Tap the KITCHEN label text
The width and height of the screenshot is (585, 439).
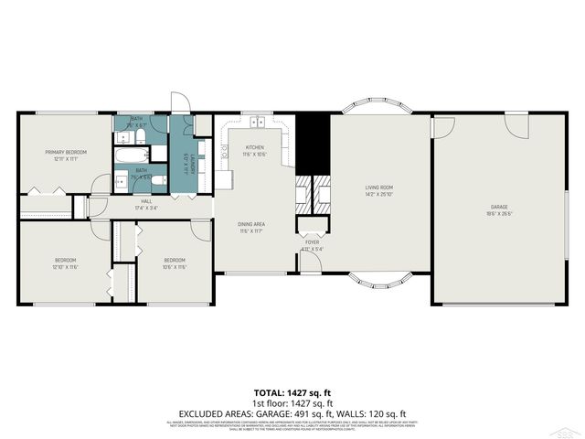click(x=254, y=147)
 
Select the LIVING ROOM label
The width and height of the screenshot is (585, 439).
click(x=378, y=187)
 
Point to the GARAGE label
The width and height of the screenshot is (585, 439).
click(x=498, y=207)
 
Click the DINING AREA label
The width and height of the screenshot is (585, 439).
click(x=252, y=225)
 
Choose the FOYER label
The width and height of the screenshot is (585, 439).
click(x=312, y=242)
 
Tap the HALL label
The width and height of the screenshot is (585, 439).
click(x=146, y=201)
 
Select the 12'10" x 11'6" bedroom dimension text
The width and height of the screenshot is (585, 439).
click(x=65, y=267)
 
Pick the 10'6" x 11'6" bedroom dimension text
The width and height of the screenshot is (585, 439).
click(x=174, y=267)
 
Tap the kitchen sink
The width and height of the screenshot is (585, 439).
click(x=258, y=121)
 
